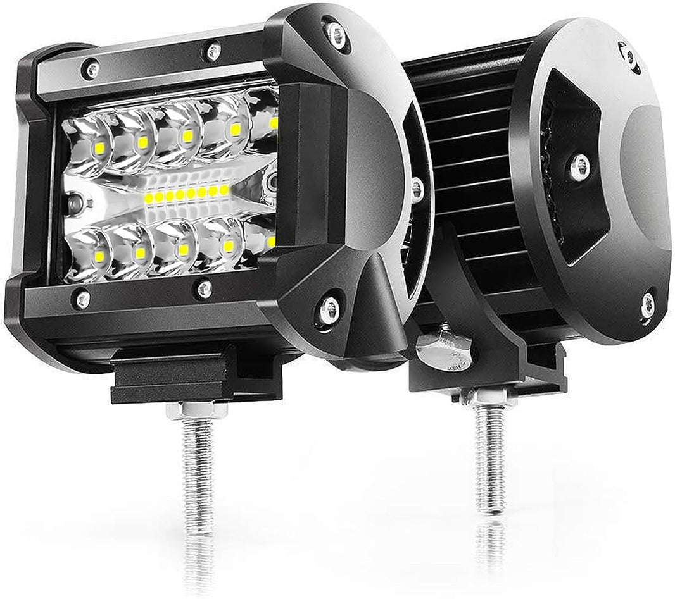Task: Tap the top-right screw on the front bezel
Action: (x=213, y=51)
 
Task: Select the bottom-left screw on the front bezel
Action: (x=81, y=299)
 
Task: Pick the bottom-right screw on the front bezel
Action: (x=205, y=290)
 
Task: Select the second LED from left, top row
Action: (x=142, y=142)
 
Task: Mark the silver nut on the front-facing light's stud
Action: (x=197, y=411)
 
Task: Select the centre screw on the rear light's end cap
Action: (x=579, y=167)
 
